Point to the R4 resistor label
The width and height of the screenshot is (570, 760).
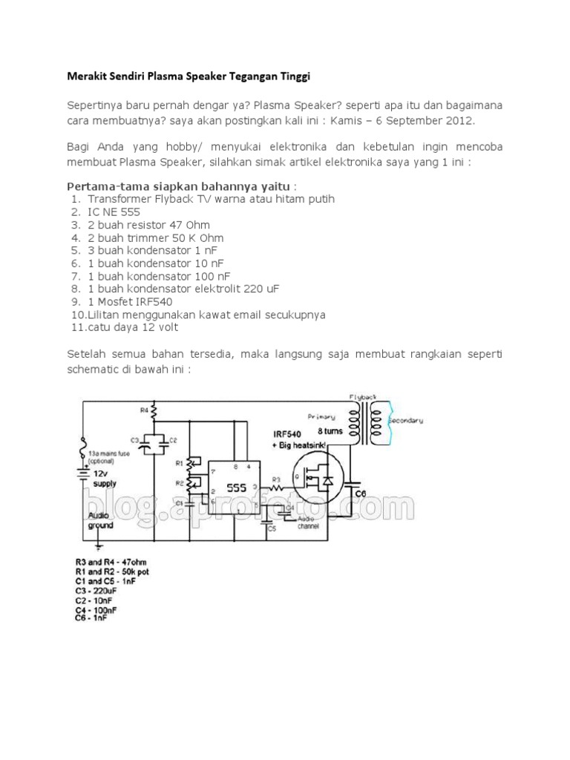pos(144,409)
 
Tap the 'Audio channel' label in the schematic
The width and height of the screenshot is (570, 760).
pos(307,522)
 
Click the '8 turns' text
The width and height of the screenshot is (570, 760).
pos(330,430)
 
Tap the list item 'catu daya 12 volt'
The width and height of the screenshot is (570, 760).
pos(133,327)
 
